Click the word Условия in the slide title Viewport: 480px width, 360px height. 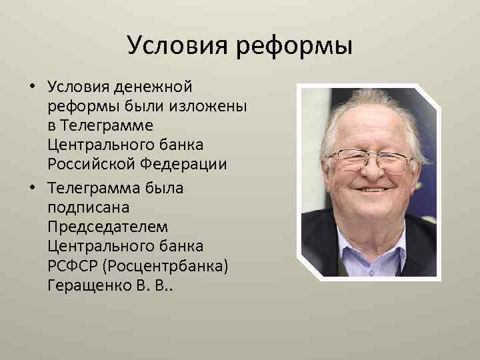tap(174, 47)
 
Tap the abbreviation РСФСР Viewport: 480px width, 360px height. tap(72, 266)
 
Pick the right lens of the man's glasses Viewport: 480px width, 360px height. tap(397, 161)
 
